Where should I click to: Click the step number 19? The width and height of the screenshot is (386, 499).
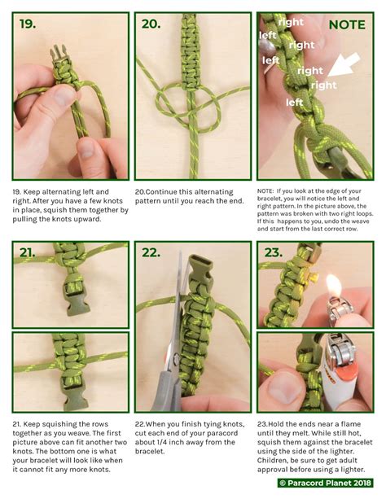coord(28,24)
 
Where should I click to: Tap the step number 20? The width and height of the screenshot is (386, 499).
coord(151,24)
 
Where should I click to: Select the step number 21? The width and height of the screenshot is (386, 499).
coord(27,252)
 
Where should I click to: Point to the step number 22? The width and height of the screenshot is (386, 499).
coord(151,252)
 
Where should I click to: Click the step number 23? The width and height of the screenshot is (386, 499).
coord(274,252)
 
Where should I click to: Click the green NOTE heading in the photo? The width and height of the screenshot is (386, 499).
coord(347,24)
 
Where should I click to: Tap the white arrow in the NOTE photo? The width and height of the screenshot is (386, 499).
coord(344,65)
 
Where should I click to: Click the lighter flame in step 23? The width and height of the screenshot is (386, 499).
coord(334,285)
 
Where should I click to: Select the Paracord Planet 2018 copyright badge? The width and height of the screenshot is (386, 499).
coord(325,483)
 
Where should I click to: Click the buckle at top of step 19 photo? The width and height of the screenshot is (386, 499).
coord(59,54)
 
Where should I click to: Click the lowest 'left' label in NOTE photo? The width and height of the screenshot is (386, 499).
coord(294,102)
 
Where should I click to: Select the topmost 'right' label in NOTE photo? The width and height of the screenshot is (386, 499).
coord(291,22)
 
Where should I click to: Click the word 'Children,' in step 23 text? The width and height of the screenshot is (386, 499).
coord(271,461)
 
